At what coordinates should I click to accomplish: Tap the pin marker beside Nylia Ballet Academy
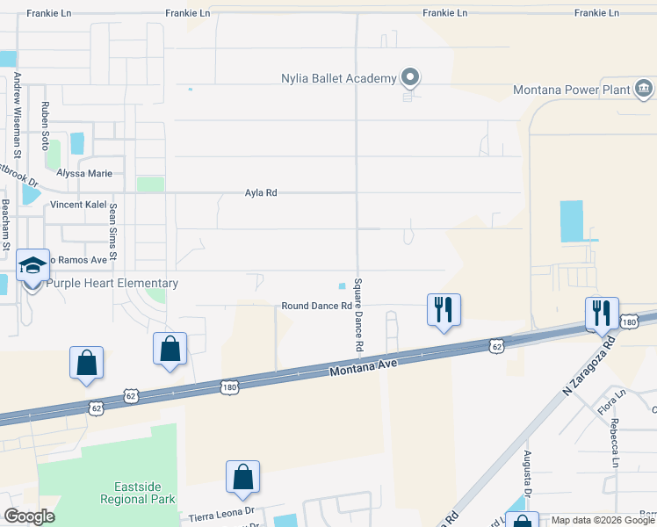[x=410, y=78]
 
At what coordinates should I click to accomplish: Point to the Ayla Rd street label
[x=261, y=192]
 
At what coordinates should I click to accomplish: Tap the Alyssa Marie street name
[x=84, y=174]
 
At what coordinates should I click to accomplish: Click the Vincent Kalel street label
[x=77, y=205]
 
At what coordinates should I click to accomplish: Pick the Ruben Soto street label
[x=44, y=126]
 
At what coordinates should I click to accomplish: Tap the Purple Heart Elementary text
[x=112, y=284]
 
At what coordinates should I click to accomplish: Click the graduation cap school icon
[x=32, y=266]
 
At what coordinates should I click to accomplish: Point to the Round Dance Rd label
[x=316, y=307]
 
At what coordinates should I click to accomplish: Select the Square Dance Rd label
[x=358, y=315]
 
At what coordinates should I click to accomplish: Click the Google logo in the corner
[x=29, y=516]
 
